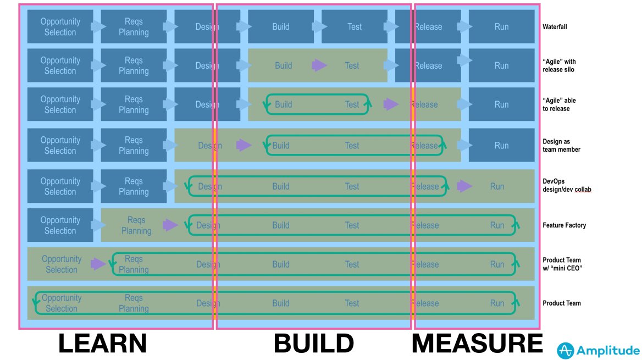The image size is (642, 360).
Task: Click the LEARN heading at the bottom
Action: (x=103, y=344)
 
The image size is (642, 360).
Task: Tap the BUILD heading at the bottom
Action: (x=314, y=344)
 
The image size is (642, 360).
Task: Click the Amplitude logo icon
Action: (x=566, y=350)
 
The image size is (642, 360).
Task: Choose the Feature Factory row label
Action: (x=564, y=225)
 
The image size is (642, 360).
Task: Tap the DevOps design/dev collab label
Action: (x=567, y=185)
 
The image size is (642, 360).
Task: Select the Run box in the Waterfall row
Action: (x=501, y=26)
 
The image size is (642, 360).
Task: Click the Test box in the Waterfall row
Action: (x=355, y=26)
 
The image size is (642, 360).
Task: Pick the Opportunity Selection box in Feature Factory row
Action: (x=60, y=225)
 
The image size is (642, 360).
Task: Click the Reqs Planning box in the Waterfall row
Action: (x=134, y=26)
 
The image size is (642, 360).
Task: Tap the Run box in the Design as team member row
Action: (x=501, y=146)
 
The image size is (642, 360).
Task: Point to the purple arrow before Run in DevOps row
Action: (x=465, y=186)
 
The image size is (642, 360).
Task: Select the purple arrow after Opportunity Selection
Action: (x=98, y=264)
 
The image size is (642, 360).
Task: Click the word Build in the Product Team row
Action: (x=281, y=303)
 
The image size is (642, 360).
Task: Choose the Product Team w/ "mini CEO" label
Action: (x=562, y=264)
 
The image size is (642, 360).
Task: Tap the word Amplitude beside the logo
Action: (x=608, y=351)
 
